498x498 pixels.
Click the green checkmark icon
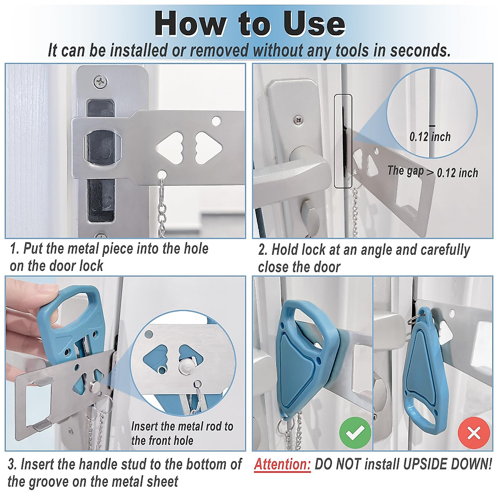355,433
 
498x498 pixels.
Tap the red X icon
474,433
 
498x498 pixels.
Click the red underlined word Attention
282,464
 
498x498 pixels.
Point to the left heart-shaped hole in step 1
170,148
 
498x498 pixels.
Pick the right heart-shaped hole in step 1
208,148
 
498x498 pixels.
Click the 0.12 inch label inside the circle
430,137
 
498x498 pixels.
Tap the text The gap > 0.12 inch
432,171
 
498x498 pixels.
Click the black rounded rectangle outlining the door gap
343,141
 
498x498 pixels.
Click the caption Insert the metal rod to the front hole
182,433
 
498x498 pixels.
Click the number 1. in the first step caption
15,249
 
